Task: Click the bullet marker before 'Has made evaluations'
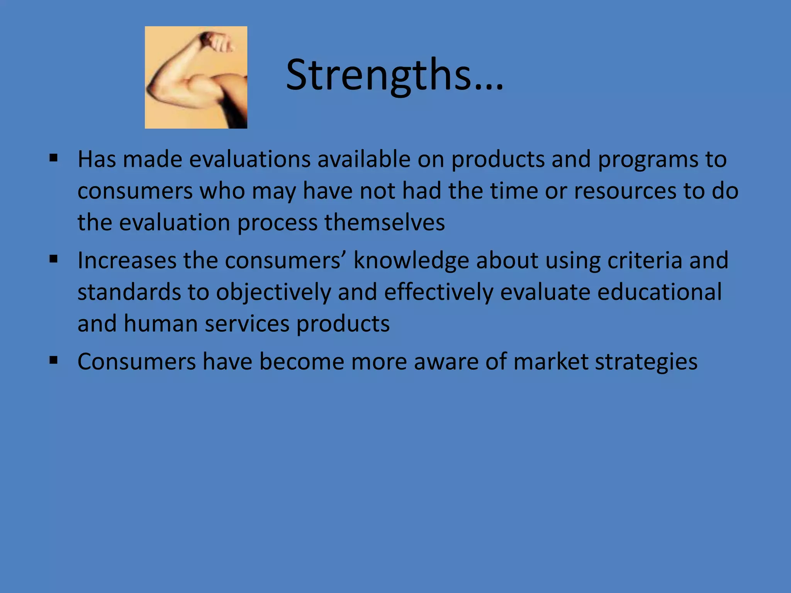click(54, 158)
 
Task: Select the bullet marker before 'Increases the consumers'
click(54, 259)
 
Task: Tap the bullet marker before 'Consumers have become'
click(54, 361)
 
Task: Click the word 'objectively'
click(273, 292)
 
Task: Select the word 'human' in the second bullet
click(161, 324)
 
